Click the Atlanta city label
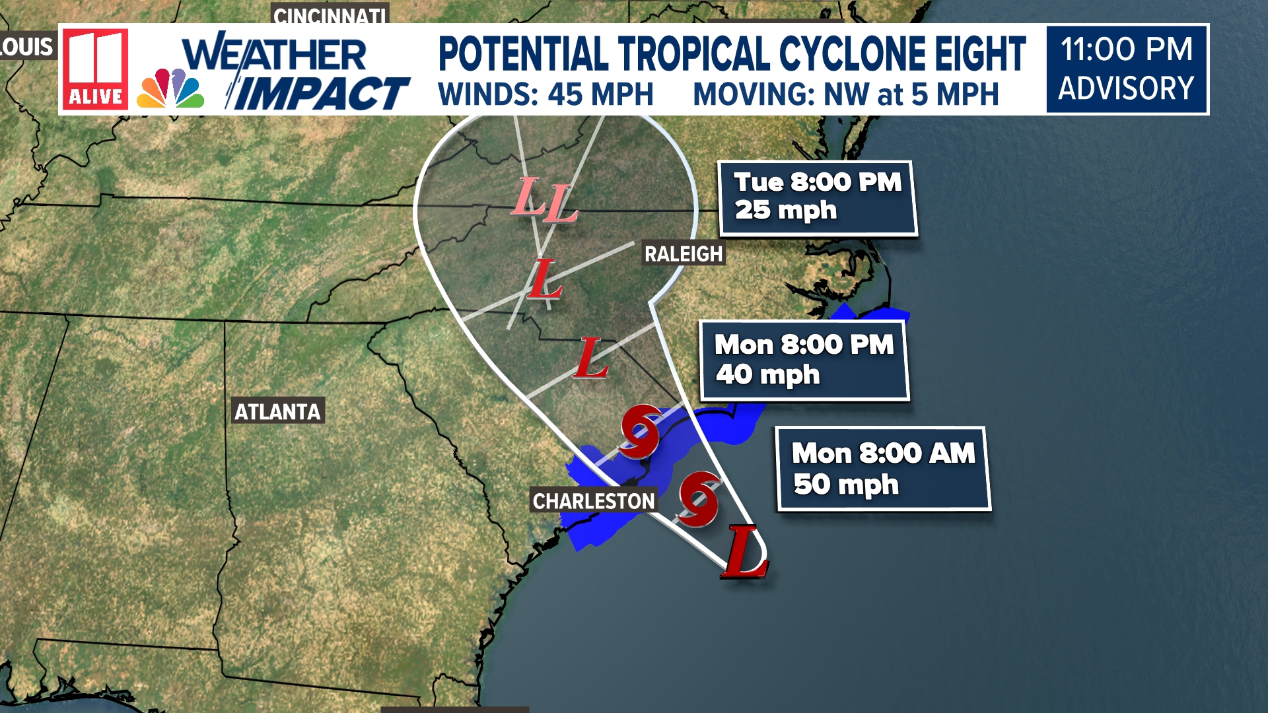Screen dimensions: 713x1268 [x=277, y=411]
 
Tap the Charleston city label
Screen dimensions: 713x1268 [x=593, y=501]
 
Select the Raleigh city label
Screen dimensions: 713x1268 [x=683, y=254]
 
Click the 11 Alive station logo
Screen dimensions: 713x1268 [x=96, y=69]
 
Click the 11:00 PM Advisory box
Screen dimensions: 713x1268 [x=1127, y=69]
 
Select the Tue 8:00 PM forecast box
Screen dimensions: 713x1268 [x=818, y=197]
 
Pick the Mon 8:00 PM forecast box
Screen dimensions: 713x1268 [x=804, y=360]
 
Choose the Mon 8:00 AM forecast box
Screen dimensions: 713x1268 [x=883, y=469]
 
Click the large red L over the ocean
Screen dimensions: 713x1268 [x=745, y=553]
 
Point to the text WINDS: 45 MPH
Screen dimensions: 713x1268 [x=546, y=94]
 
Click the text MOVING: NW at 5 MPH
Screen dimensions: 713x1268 [x=845, y=94]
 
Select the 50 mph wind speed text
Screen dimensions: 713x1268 [x=845, y=485]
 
